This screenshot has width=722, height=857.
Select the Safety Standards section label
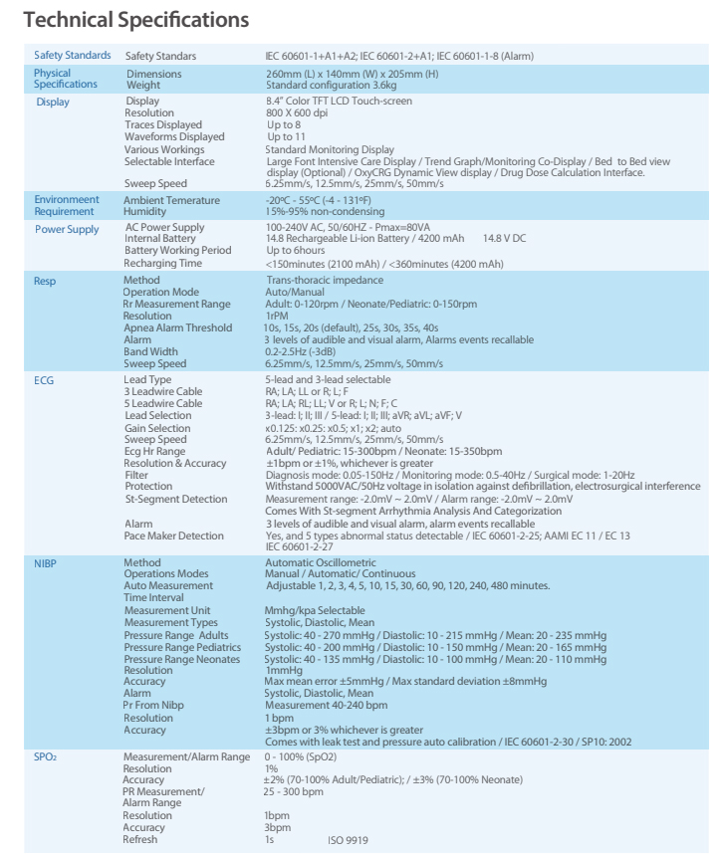pyautogui.click(x=72, y=56)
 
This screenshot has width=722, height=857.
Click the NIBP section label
pyautogui.click(x=48, y=563)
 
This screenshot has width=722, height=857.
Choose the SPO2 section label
pyautogui.click(x=48, y=758)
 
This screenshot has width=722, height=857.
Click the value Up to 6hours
pyautogui.click(x=296, y=254)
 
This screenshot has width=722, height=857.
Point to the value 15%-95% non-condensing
pyautogui.click(x=323, y=209)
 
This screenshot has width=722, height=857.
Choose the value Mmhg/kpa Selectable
pyautogui.click(x=315, y=610)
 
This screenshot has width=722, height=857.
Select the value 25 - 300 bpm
pyautogui.click(x=295, y=792)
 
